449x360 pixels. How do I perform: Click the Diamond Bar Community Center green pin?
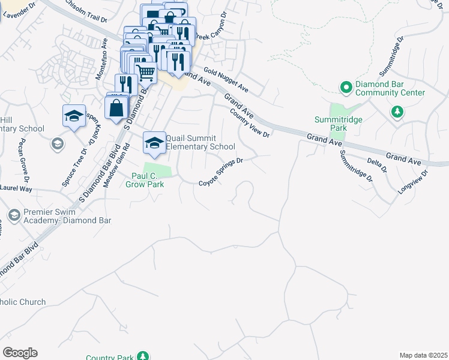click(346, 88)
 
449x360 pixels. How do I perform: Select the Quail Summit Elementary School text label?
click(200, 142)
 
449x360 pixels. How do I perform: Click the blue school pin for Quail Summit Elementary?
click(154, 143)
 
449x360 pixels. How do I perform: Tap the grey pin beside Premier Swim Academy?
click(14, 215)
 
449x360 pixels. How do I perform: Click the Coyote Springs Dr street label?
click(220, 172)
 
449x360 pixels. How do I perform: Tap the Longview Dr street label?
click(413, 182)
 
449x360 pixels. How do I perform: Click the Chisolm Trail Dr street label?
click(86, 12)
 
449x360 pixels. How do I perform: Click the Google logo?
click(20, 353)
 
